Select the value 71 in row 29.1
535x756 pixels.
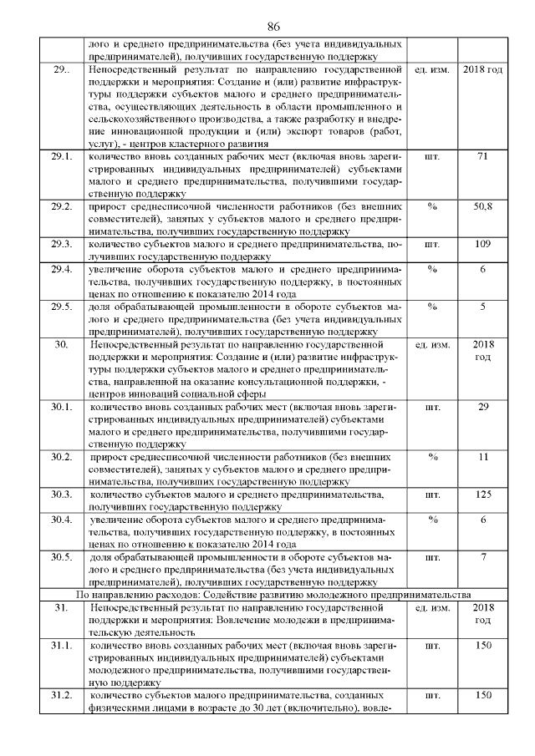[481, 156]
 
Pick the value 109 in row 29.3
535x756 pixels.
[481, 244]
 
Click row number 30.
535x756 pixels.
[60, 344]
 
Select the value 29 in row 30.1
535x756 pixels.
[482, 407]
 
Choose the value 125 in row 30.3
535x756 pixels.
[482, 495]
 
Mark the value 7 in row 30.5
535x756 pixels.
[482, 557]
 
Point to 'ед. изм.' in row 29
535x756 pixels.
[432, 68]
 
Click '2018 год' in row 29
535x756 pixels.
[482, 68]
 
